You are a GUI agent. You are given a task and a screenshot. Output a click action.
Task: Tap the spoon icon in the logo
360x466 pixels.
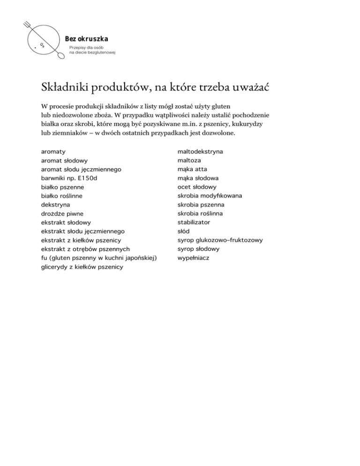coord(60,56)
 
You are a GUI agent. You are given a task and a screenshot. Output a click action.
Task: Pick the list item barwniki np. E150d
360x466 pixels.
coord(69,178)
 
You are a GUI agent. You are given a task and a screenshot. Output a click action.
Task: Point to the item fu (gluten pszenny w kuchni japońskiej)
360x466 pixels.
coord(98,258)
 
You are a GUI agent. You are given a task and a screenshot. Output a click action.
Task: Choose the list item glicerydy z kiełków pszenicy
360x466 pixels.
coord(82,267)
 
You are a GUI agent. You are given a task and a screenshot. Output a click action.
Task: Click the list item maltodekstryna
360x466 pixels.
coord(200,152)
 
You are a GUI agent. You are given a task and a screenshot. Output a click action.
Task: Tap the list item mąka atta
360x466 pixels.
coord(192,169)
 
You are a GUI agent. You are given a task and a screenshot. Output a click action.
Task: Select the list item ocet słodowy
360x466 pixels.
coord(197,187)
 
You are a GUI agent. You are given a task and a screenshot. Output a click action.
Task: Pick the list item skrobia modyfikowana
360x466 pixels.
coord(210,196)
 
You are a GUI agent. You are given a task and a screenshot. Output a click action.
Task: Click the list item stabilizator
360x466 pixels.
coord(194,222)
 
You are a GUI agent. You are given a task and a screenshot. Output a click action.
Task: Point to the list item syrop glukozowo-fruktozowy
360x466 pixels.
coord(220,240)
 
